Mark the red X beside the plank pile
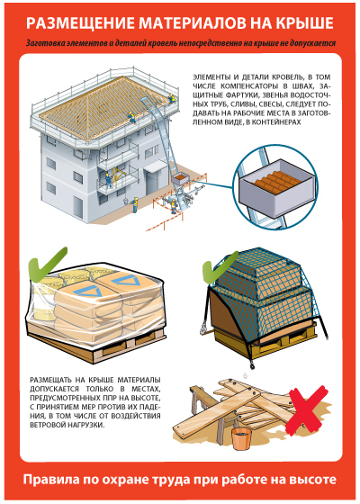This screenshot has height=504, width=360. (x=306, y=409)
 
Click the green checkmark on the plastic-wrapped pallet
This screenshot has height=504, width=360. (x=45, y=265)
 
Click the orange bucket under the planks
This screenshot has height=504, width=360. (x=241, y=438)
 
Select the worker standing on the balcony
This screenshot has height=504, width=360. (x=109, y=180)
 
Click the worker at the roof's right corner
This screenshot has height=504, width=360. (x=172, y=98)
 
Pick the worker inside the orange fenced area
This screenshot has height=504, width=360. (x=174, y=206)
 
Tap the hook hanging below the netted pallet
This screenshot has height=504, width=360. (x=252, y=364)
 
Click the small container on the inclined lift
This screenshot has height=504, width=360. (x=181, y=179)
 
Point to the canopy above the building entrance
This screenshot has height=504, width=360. (x=156, y=166)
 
